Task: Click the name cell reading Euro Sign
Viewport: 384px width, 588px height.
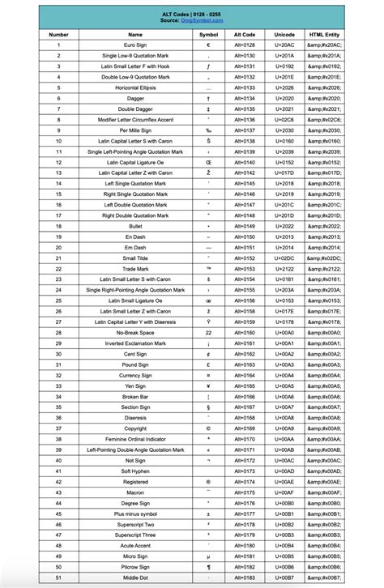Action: (135, 45)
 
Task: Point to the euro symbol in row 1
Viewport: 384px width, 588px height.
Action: (208, 45)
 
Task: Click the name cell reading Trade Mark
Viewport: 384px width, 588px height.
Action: (135, 268)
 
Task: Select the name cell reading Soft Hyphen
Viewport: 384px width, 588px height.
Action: (135, 471)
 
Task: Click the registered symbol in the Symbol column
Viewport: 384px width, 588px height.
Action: (208, 481)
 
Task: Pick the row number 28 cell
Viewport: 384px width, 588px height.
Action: (59, 332)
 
